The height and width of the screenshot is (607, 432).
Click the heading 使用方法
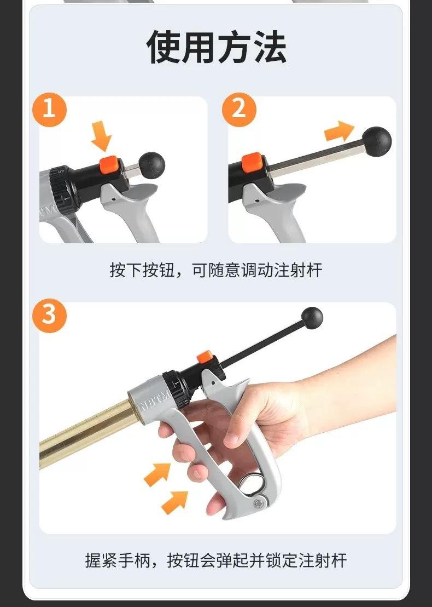[x=216, y=48]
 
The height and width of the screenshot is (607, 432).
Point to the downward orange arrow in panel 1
[x=102, y=135]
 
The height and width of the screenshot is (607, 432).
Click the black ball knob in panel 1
[x=151, y=163]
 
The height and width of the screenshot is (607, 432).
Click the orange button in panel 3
[x=205, y=357]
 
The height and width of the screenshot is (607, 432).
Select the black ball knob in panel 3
[x=312, y=318]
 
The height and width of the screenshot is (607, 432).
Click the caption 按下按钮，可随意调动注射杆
[x=216, y=270]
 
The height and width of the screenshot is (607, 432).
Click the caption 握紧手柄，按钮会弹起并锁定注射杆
[x=216, y=560]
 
